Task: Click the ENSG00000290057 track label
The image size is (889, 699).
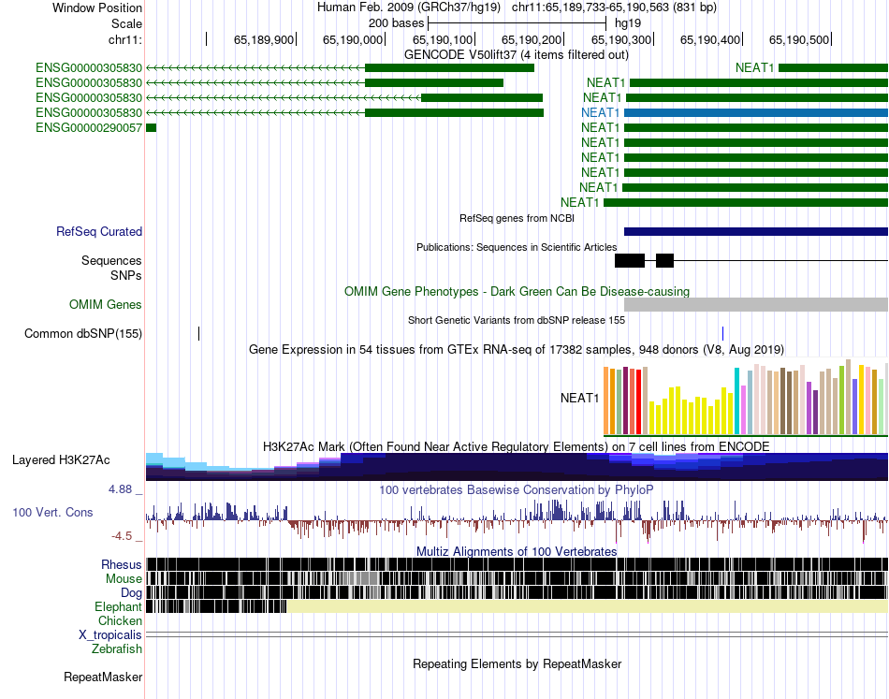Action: point(89,127)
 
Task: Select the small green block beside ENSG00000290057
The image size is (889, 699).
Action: point(151,128)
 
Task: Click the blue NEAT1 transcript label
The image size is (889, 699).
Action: point(601,113)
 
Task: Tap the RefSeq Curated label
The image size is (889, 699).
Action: point(99,231)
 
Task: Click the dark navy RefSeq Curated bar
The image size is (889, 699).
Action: point(756,231)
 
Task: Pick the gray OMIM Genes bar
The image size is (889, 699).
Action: point(756,304)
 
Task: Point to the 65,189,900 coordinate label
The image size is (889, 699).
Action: point(264,39)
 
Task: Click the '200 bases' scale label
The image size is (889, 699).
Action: point(397,23)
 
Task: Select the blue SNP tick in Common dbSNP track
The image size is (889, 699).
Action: point(722,333)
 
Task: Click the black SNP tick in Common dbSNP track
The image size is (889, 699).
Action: point(199,333)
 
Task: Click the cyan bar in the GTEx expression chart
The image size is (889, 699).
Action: point(736,400)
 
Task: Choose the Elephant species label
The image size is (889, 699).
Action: point(118,606)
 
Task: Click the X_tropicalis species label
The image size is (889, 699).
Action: point(110,635)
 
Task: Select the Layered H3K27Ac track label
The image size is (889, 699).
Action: point(61,459)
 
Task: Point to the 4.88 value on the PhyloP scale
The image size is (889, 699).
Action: point(120,489)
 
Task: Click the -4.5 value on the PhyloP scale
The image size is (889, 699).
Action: point(122,536)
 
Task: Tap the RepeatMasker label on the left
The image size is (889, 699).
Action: point(103,677)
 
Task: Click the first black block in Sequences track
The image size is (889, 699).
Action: point(630,261)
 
